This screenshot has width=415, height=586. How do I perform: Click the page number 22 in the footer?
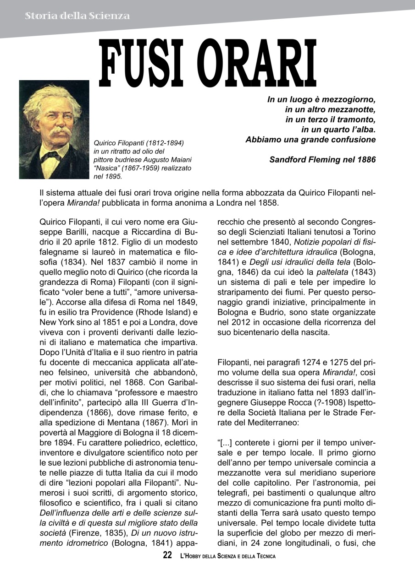167,556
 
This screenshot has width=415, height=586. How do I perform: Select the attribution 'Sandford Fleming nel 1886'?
322,160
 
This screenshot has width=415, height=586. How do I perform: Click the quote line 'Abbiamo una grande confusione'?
310,140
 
